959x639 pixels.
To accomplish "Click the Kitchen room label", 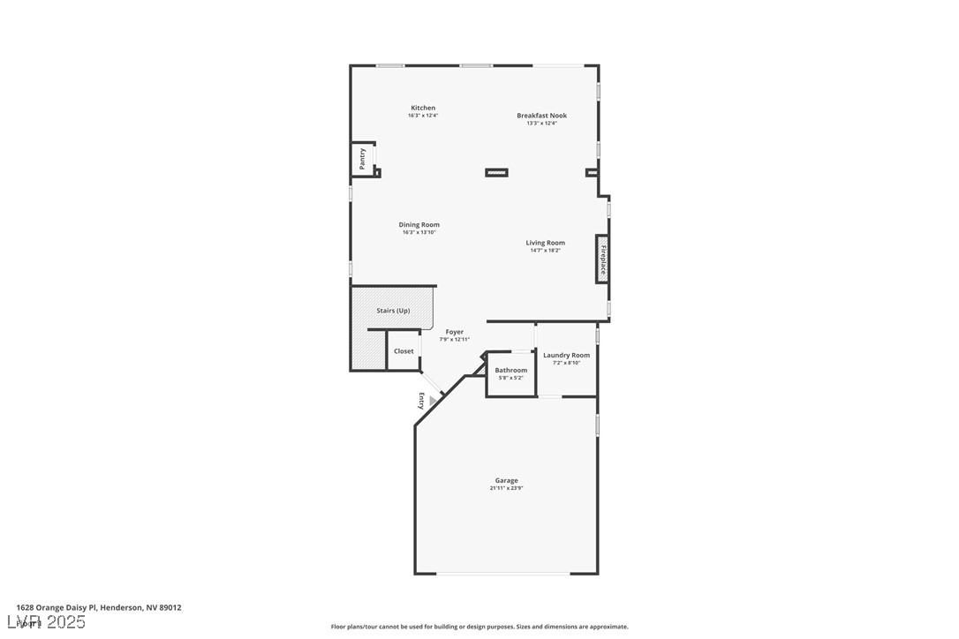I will (423, 108).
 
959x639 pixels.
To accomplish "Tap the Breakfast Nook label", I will (541, 116).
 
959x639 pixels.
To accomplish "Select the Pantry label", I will (362, 159).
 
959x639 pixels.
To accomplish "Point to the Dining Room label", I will (419, 225).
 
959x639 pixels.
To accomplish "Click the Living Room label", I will (545, 243).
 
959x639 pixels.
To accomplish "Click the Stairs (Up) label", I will (393, 311).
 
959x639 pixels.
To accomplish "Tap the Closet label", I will (404, 351).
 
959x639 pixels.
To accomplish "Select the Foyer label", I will (454, 332).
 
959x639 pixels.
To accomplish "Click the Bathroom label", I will (510, 371).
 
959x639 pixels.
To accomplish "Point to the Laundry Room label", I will (566, 356).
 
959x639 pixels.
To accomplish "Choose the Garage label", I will (506, 481).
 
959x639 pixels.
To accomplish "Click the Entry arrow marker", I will (432, 401).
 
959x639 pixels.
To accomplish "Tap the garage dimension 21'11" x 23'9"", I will (506, 489).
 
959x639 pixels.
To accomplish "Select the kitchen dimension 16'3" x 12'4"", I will (423, 116).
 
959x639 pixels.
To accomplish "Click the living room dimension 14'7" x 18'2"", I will (545, 251).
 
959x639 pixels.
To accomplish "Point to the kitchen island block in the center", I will (496, 172).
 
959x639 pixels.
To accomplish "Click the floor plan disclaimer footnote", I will (479, 627).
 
